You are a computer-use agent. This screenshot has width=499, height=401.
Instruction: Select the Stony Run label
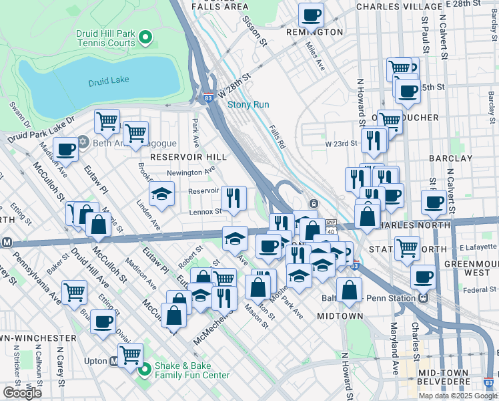(248, 105)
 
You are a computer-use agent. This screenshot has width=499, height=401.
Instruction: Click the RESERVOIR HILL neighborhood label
(189, 156)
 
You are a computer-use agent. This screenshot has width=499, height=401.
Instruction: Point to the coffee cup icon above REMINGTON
(310, 15)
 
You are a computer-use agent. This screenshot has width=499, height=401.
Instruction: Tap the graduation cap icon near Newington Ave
(161, 194)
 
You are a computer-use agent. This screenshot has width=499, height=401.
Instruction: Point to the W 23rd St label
(338, 144)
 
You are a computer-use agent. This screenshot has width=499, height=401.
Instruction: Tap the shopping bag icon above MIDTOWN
(349, 290)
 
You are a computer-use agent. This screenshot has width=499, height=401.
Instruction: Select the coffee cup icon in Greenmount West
(423, 276)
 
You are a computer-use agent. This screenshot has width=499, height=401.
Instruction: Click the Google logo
(22, 393)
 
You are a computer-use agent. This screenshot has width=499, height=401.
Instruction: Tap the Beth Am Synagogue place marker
(83, 142)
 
